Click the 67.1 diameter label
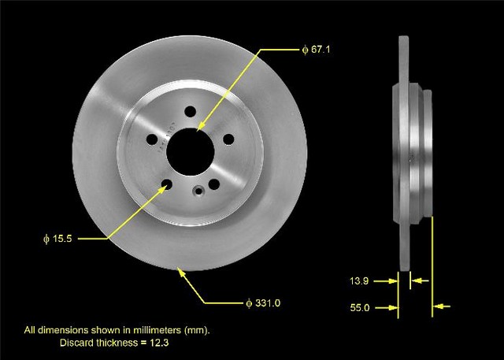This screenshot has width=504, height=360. (317, 50)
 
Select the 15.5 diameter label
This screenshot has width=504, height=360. (57, 239)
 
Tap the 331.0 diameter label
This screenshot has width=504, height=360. (263, 303)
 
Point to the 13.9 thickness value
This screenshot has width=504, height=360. (359, 281)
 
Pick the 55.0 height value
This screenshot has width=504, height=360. (360, 308)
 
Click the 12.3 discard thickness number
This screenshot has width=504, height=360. (159, 343)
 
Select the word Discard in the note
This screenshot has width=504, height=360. (76, 343)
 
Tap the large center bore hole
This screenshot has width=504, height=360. (191, 152)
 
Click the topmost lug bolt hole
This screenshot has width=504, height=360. (191, 112)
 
